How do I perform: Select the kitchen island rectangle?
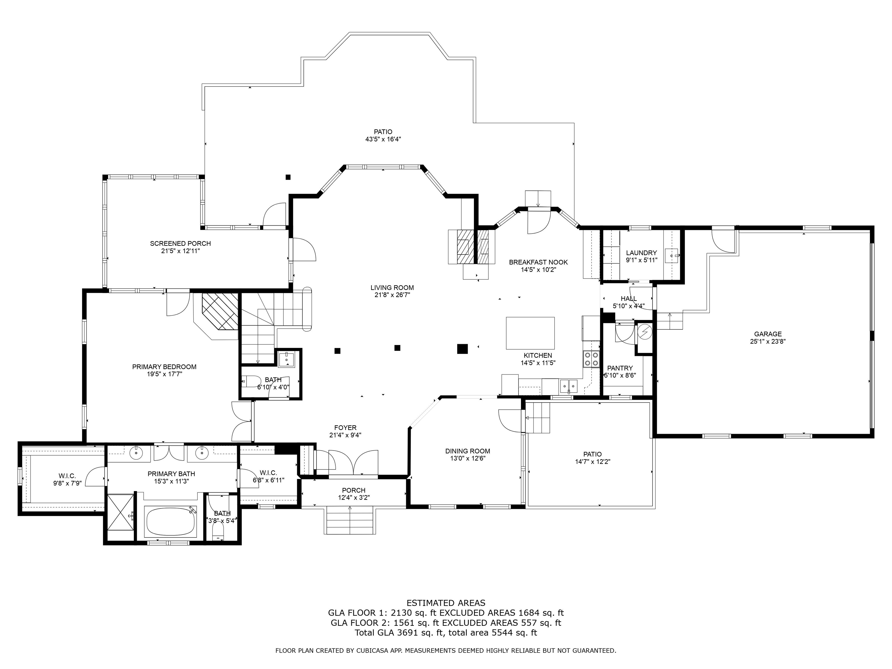tap(530, 333)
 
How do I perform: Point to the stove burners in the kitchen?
tap(591, 359)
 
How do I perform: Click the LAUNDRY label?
tap(641, 253)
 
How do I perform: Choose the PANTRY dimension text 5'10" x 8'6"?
tap(620, 375)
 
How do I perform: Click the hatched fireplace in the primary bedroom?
tap(220, 311)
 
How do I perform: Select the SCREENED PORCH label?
tap(180, 244)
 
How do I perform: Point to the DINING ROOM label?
tap(467, 451)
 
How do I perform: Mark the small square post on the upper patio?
tap(288, 177)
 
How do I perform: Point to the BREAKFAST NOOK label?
tap(538, 262)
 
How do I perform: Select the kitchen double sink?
tap(569, 386)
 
